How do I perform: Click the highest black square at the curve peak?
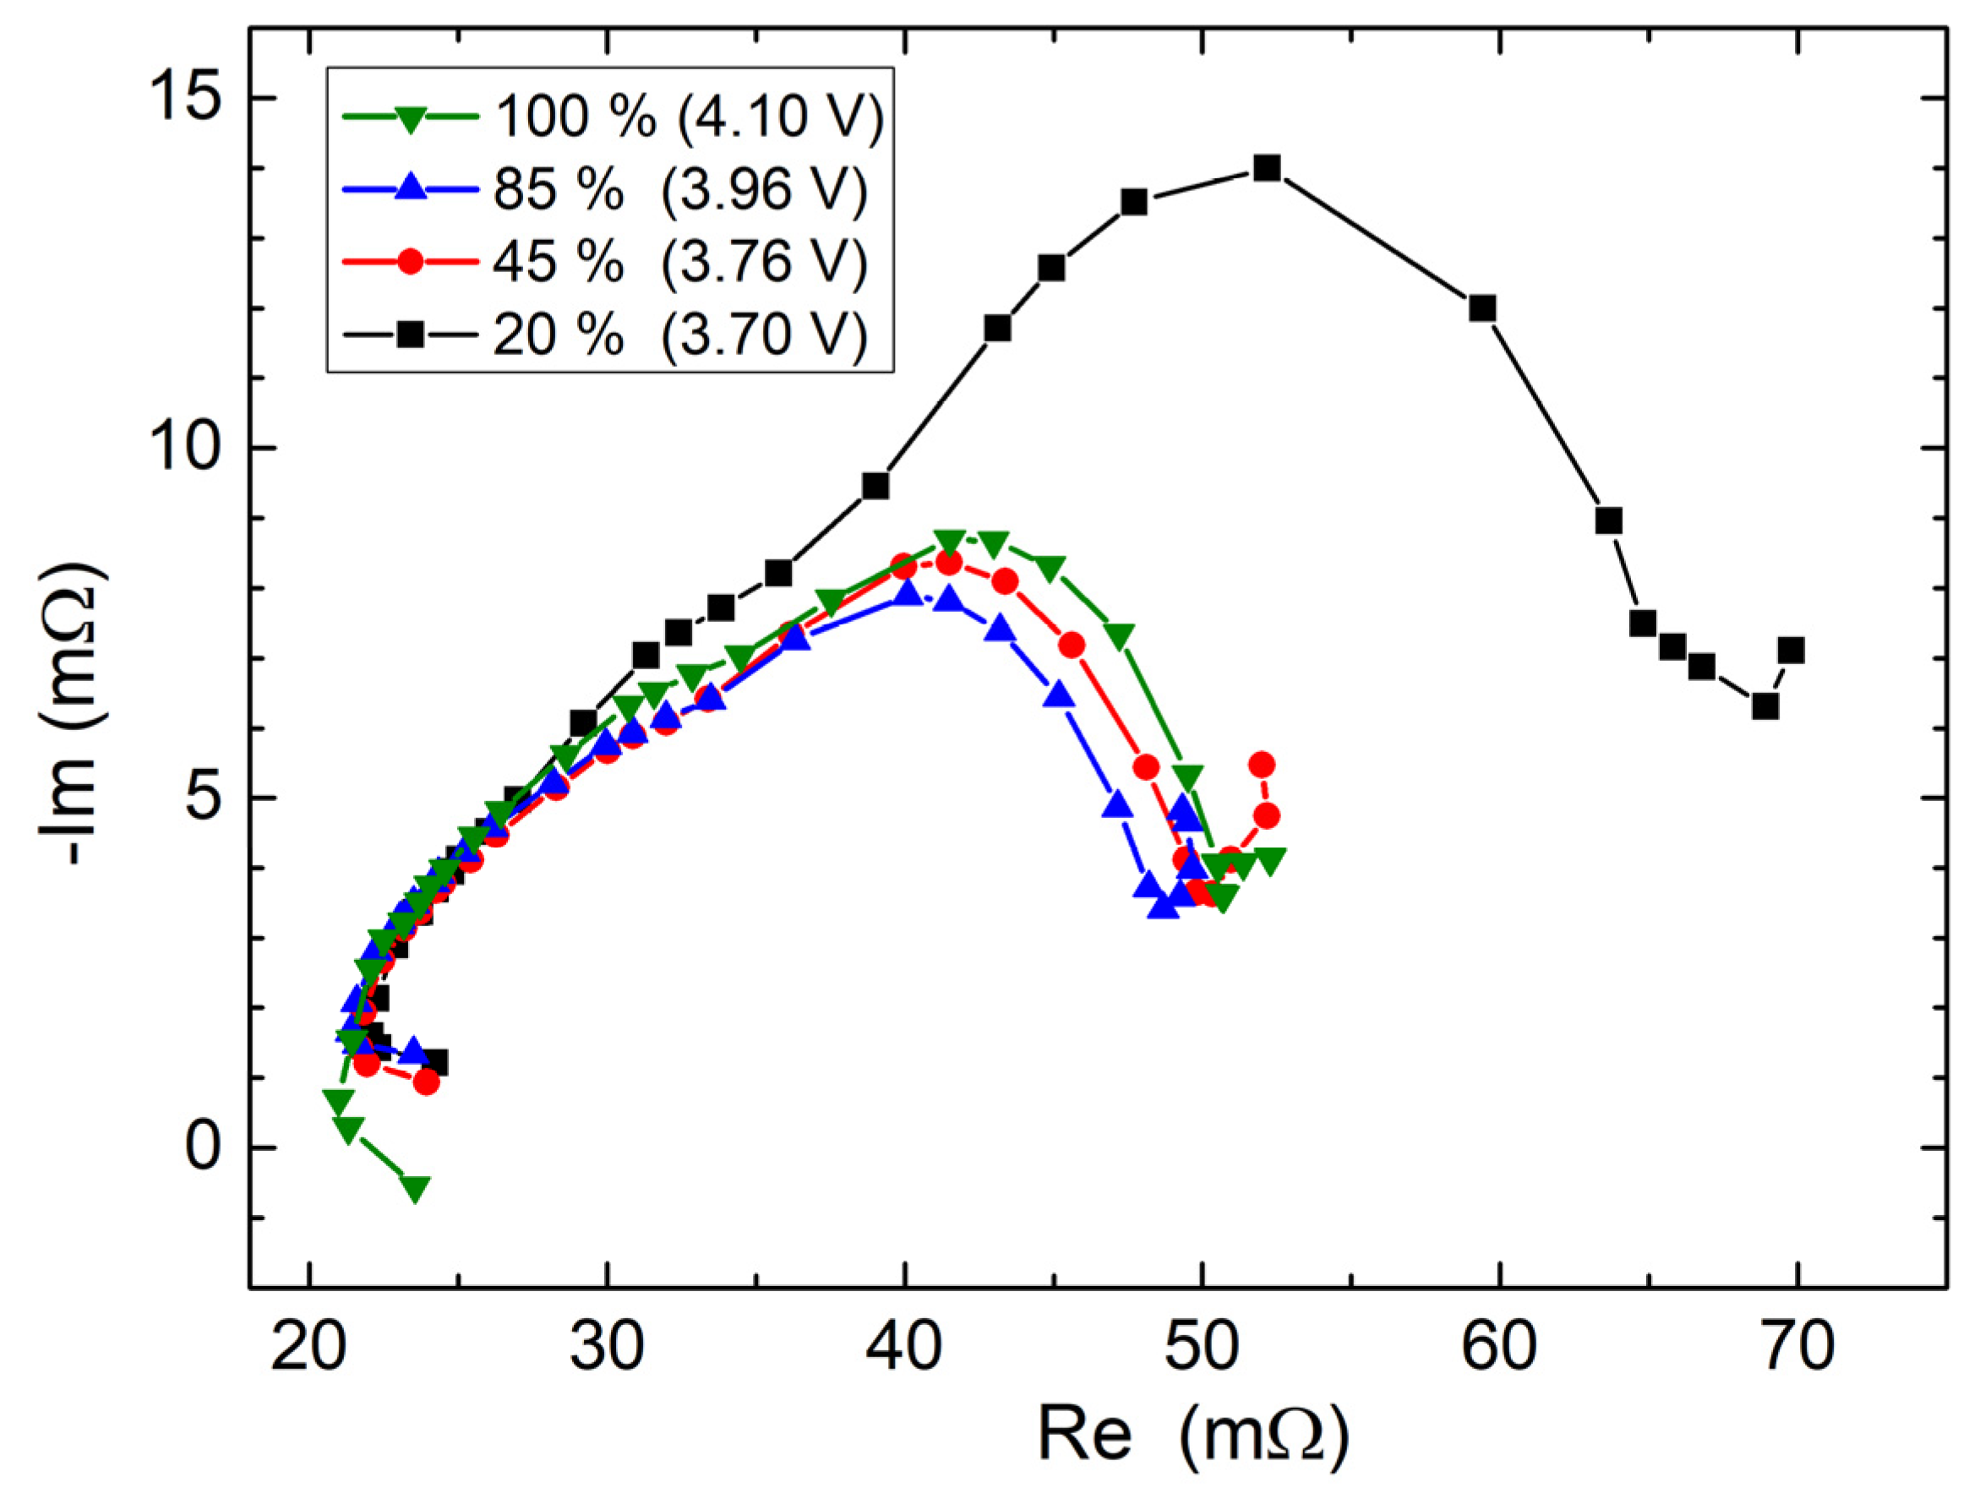point(1267,168)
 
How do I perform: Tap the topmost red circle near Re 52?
point(1263,764)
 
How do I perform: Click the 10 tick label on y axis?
point(183,448)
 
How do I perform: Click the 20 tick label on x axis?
point(308,1347)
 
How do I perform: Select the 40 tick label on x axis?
point(905,1347)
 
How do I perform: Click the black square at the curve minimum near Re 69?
point(1765,707)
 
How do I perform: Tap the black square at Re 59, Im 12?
point(1483,308)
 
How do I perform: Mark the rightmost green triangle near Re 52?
point(1269,859)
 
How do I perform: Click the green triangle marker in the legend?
point(410,119)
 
